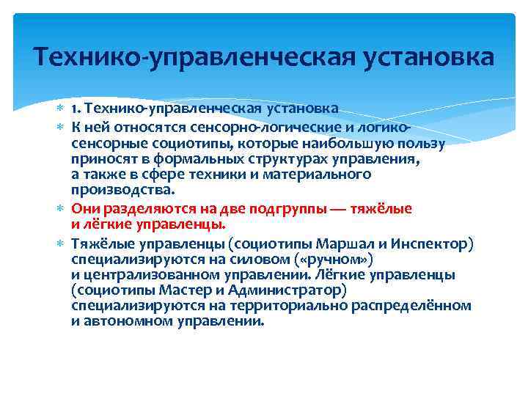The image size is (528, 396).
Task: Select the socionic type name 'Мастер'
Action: (167, 290)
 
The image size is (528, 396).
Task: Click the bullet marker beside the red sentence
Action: (62, 209)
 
